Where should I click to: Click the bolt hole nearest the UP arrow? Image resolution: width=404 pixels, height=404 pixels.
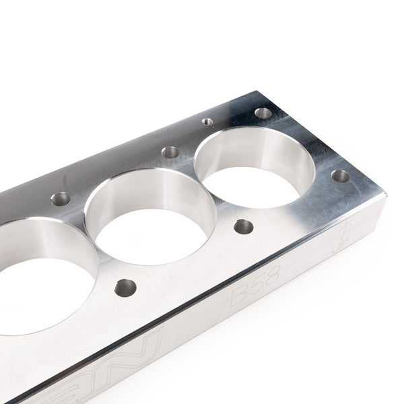(341, 176)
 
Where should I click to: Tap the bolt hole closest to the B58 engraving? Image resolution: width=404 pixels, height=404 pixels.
(244, 226)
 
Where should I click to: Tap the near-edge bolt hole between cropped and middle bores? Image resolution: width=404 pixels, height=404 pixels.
(125, 288)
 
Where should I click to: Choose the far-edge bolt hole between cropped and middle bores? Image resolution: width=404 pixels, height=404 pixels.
(61, 199)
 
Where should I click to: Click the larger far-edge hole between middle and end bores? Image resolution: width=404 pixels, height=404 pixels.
(171, 152)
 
